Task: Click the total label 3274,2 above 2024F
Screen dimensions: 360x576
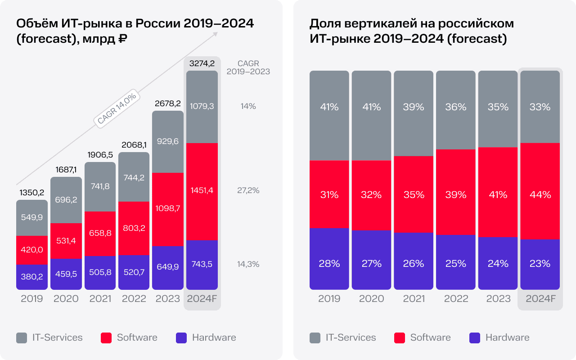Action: pos(202,63)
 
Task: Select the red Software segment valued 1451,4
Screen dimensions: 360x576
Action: pos(202,191)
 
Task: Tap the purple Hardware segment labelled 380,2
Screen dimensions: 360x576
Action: pos(32,277)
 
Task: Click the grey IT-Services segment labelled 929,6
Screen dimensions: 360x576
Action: pos(168,141)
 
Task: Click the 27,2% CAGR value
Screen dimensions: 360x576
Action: pos(248,190)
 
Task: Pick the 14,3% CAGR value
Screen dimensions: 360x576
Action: pos(248,264)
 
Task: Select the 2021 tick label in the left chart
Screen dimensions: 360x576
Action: pos(100,299)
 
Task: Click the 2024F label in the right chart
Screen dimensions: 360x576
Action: pos(540,299)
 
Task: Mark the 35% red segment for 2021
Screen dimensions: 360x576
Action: pos(414,194)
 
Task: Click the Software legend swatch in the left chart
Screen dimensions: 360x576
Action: pos(107,338)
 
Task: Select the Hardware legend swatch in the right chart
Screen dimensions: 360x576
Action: pos(475,338)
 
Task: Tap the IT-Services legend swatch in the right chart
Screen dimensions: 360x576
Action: pos(315,338)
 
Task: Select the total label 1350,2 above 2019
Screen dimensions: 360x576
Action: pos(32,193)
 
